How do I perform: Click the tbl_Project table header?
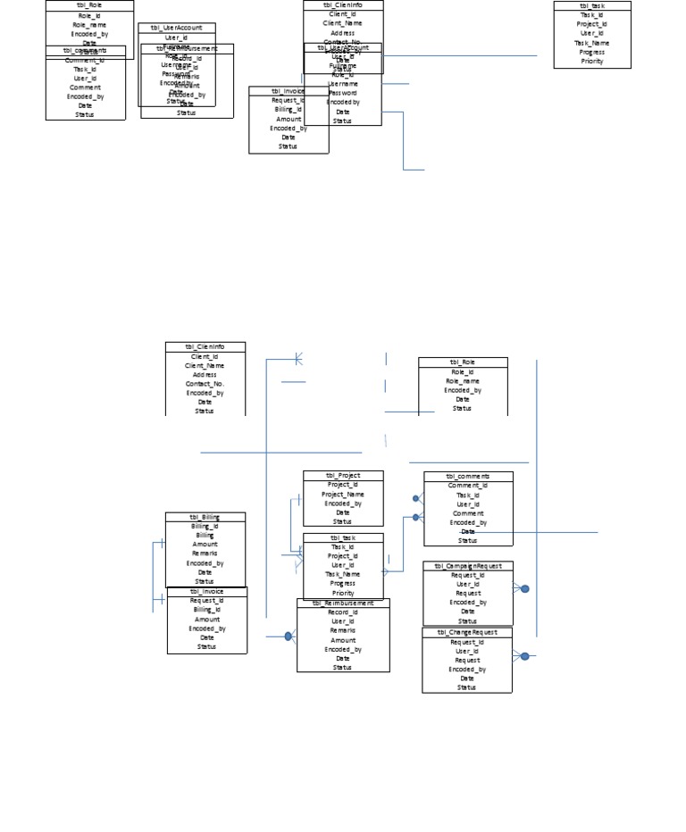pos(343,476)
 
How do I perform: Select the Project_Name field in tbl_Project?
pos(343,494)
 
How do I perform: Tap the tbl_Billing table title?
pos(205,517)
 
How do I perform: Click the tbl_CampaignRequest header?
pos(468,566)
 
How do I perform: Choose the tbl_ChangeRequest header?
pos(467,632)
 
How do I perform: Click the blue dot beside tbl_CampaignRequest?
pos(525,588)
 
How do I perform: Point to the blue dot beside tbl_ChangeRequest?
pos(524,656)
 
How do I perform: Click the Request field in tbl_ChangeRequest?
pos(467,660)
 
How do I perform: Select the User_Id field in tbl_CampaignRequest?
pos(468,584)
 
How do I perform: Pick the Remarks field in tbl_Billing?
pos(205,553)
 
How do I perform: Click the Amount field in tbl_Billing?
pos(205,545)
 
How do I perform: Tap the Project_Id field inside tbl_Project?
pos(343,485)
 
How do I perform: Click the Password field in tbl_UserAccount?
pos(343,93)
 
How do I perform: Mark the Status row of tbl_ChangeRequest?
pos(467,687)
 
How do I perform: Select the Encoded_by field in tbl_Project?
pos(343,503)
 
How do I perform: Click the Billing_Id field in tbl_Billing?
pos(205,526)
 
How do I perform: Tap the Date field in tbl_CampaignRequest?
pos(468,612)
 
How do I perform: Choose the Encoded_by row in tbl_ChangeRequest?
pos(467,669)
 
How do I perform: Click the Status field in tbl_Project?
pos(343,521)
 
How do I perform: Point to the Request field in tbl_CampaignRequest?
pos(468,593)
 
